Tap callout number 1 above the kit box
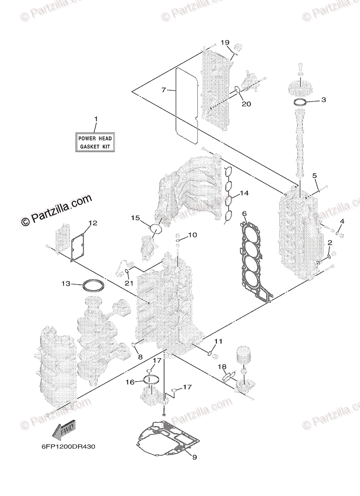tap(96, 119)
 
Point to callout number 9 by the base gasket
tap(195, 457)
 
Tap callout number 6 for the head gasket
tap(245, 213)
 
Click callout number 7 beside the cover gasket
tap(164, 90)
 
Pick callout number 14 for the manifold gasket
tap(244, 193)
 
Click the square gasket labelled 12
tap(77, 246)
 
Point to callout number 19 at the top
tap(224, 43)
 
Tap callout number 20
tap(246, 104)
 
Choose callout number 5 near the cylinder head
tap(315, 176)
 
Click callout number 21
tap(129, 283)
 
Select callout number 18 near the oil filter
tap(222, 367)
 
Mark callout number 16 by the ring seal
tap(130, 382)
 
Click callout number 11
tap(218, 341)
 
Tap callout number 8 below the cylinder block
tap(140, 357)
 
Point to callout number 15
tap(136, 218)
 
